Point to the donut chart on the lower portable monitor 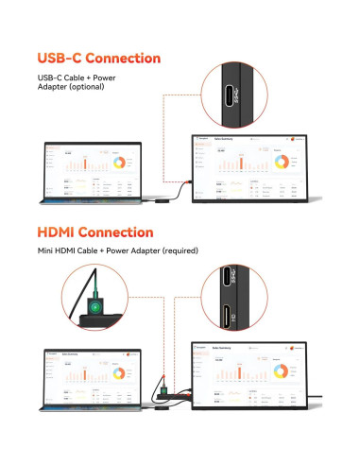pos(285,370)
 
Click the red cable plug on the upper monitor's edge pos(190,179)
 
